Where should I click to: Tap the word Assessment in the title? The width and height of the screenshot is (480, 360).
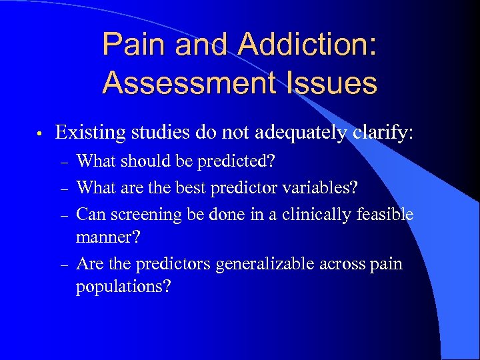tap(188, 84)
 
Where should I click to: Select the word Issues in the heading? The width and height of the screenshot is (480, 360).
tap(330, 84)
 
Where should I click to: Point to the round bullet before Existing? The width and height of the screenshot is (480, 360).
tap(41, 134)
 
